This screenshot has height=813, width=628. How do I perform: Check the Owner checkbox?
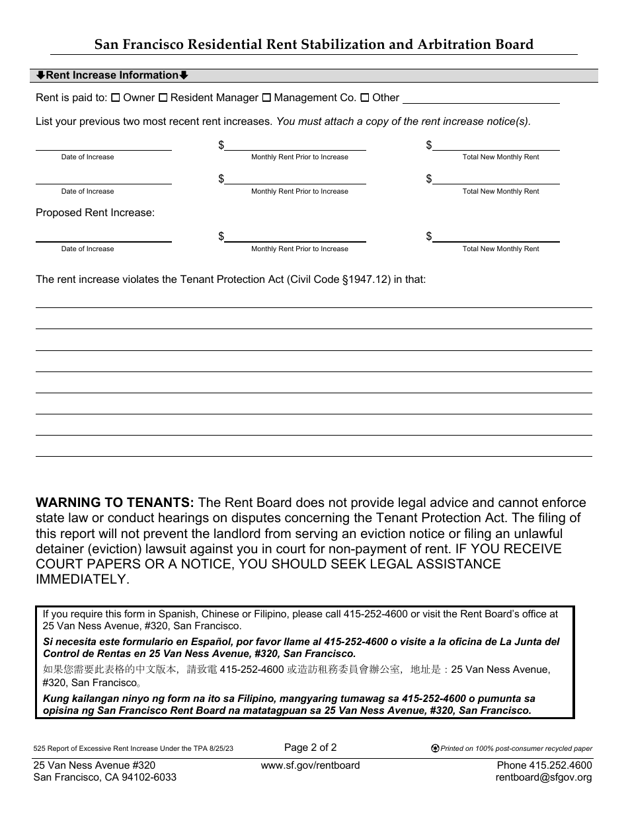point(116,98)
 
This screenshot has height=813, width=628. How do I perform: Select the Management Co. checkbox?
point(266,98)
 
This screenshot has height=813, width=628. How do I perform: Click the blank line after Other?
point(481,99)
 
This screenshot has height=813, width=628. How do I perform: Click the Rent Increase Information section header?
point(112,75)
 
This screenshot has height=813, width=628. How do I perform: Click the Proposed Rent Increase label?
point(95,213)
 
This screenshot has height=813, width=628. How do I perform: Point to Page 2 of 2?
point(311,748)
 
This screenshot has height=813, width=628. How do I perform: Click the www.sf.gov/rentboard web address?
point(311,765)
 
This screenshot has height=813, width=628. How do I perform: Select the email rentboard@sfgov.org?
point(543,777)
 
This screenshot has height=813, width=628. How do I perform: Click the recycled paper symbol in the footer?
point(434,749)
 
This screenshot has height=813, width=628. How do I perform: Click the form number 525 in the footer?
point(40,749)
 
